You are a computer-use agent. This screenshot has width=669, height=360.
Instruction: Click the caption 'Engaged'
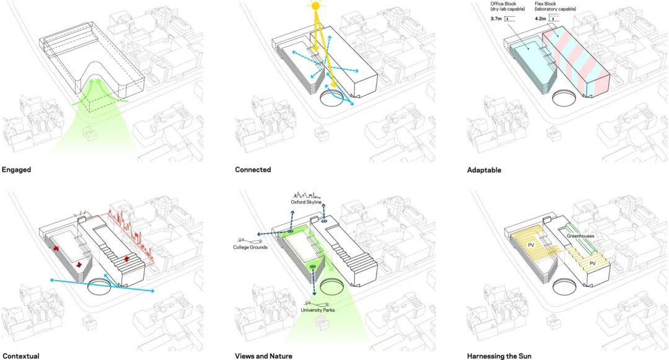tap(17, 170)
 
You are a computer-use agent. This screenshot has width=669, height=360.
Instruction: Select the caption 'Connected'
tap(253, 170)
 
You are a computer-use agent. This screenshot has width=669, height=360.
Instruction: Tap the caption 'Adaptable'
tap(484, 170)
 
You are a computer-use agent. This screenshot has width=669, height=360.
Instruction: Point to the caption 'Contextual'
tap(21, 356)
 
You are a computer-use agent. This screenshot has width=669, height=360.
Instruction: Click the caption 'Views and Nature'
tap(264, 356)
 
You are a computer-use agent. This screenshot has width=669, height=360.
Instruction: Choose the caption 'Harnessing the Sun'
tap(499, 356)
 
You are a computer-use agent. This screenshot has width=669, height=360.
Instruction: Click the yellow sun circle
tap(315, 6)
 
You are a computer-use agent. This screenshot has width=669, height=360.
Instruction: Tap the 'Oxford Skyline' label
tap(307, 202)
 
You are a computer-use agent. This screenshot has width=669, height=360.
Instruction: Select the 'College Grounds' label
tap(250, 247)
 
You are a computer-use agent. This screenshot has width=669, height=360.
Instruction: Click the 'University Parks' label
tap(318, 310)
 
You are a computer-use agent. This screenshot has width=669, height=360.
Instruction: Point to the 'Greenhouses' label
tap(580, 236)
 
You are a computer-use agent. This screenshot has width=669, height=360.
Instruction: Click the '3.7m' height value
tap(496, 19)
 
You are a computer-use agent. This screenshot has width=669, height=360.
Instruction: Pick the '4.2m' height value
tap(540, 19)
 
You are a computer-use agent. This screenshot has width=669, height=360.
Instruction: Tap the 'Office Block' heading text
tap(503, 4)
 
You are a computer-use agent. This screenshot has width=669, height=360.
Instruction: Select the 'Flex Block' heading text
tap(545, 4)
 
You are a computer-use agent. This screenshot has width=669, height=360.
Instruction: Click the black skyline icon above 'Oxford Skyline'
tap(307, 195)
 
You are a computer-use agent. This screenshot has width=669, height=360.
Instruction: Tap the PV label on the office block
tap(531, 245)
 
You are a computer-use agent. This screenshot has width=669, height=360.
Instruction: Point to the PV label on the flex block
tap(592, 263)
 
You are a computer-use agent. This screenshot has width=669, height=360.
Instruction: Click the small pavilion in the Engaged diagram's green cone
tap(90, 134)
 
